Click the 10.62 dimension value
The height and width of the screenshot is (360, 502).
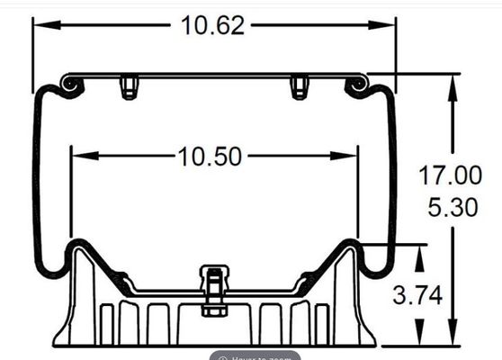click(212, 24)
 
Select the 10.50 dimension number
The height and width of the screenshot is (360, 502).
click(209, 157)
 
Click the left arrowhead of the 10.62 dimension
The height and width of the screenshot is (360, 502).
click(40, 24)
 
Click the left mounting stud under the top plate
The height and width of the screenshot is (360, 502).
click(129, 87)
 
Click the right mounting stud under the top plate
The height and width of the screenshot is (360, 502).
click(299, 87)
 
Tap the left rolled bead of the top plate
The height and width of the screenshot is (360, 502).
click(69, 84)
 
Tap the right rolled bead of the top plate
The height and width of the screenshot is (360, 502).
click(357, 84)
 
